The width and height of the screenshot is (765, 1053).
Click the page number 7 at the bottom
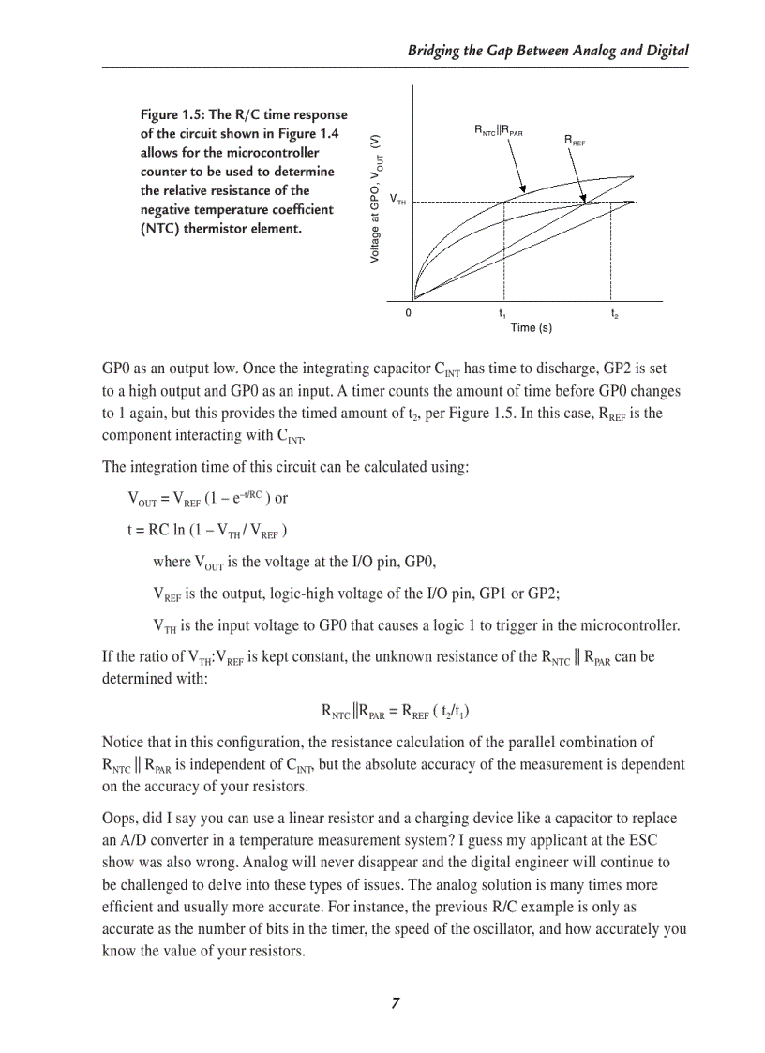[395, 1003]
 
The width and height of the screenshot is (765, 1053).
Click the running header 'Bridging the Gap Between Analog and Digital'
[547, 51]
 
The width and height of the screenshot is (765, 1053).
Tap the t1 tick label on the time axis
[503, 313]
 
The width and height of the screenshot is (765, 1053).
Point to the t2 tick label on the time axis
[615, 313]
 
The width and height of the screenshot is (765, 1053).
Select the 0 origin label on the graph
[408, 313]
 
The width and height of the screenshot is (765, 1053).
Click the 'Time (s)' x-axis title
[531, 327]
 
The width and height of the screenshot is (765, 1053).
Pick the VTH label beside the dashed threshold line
[397, 200]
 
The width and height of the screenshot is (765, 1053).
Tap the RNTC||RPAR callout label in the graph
[498, 130]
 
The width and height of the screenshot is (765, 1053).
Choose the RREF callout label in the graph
[575, 140]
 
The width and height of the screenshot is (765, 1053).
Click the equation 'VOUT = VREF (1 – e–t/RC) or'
[207, 499]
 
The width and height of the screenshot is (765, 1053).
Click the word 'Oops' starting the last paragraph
[118, 818]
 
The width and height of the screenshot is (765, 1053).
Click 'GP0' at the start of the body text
[115, 369]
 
